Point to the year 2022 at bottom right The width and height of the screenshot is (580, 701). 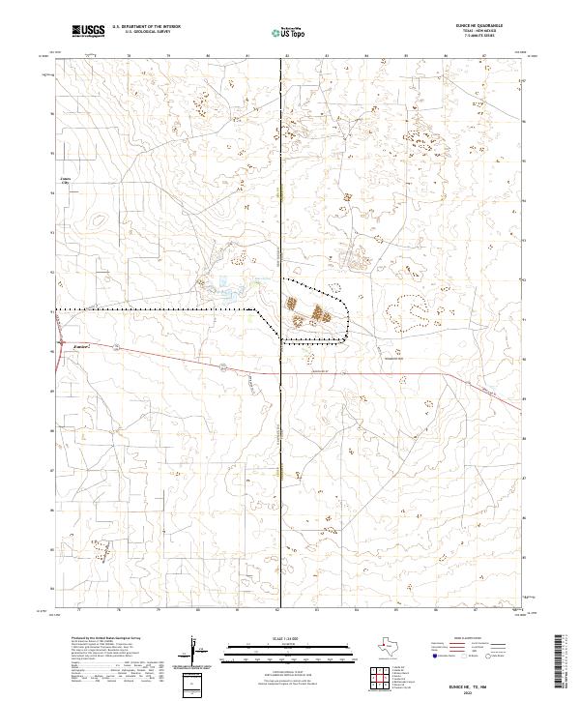click(x=484, y=690)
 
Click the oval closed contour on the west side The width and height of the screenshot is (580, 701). click(x=99, y=220)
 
